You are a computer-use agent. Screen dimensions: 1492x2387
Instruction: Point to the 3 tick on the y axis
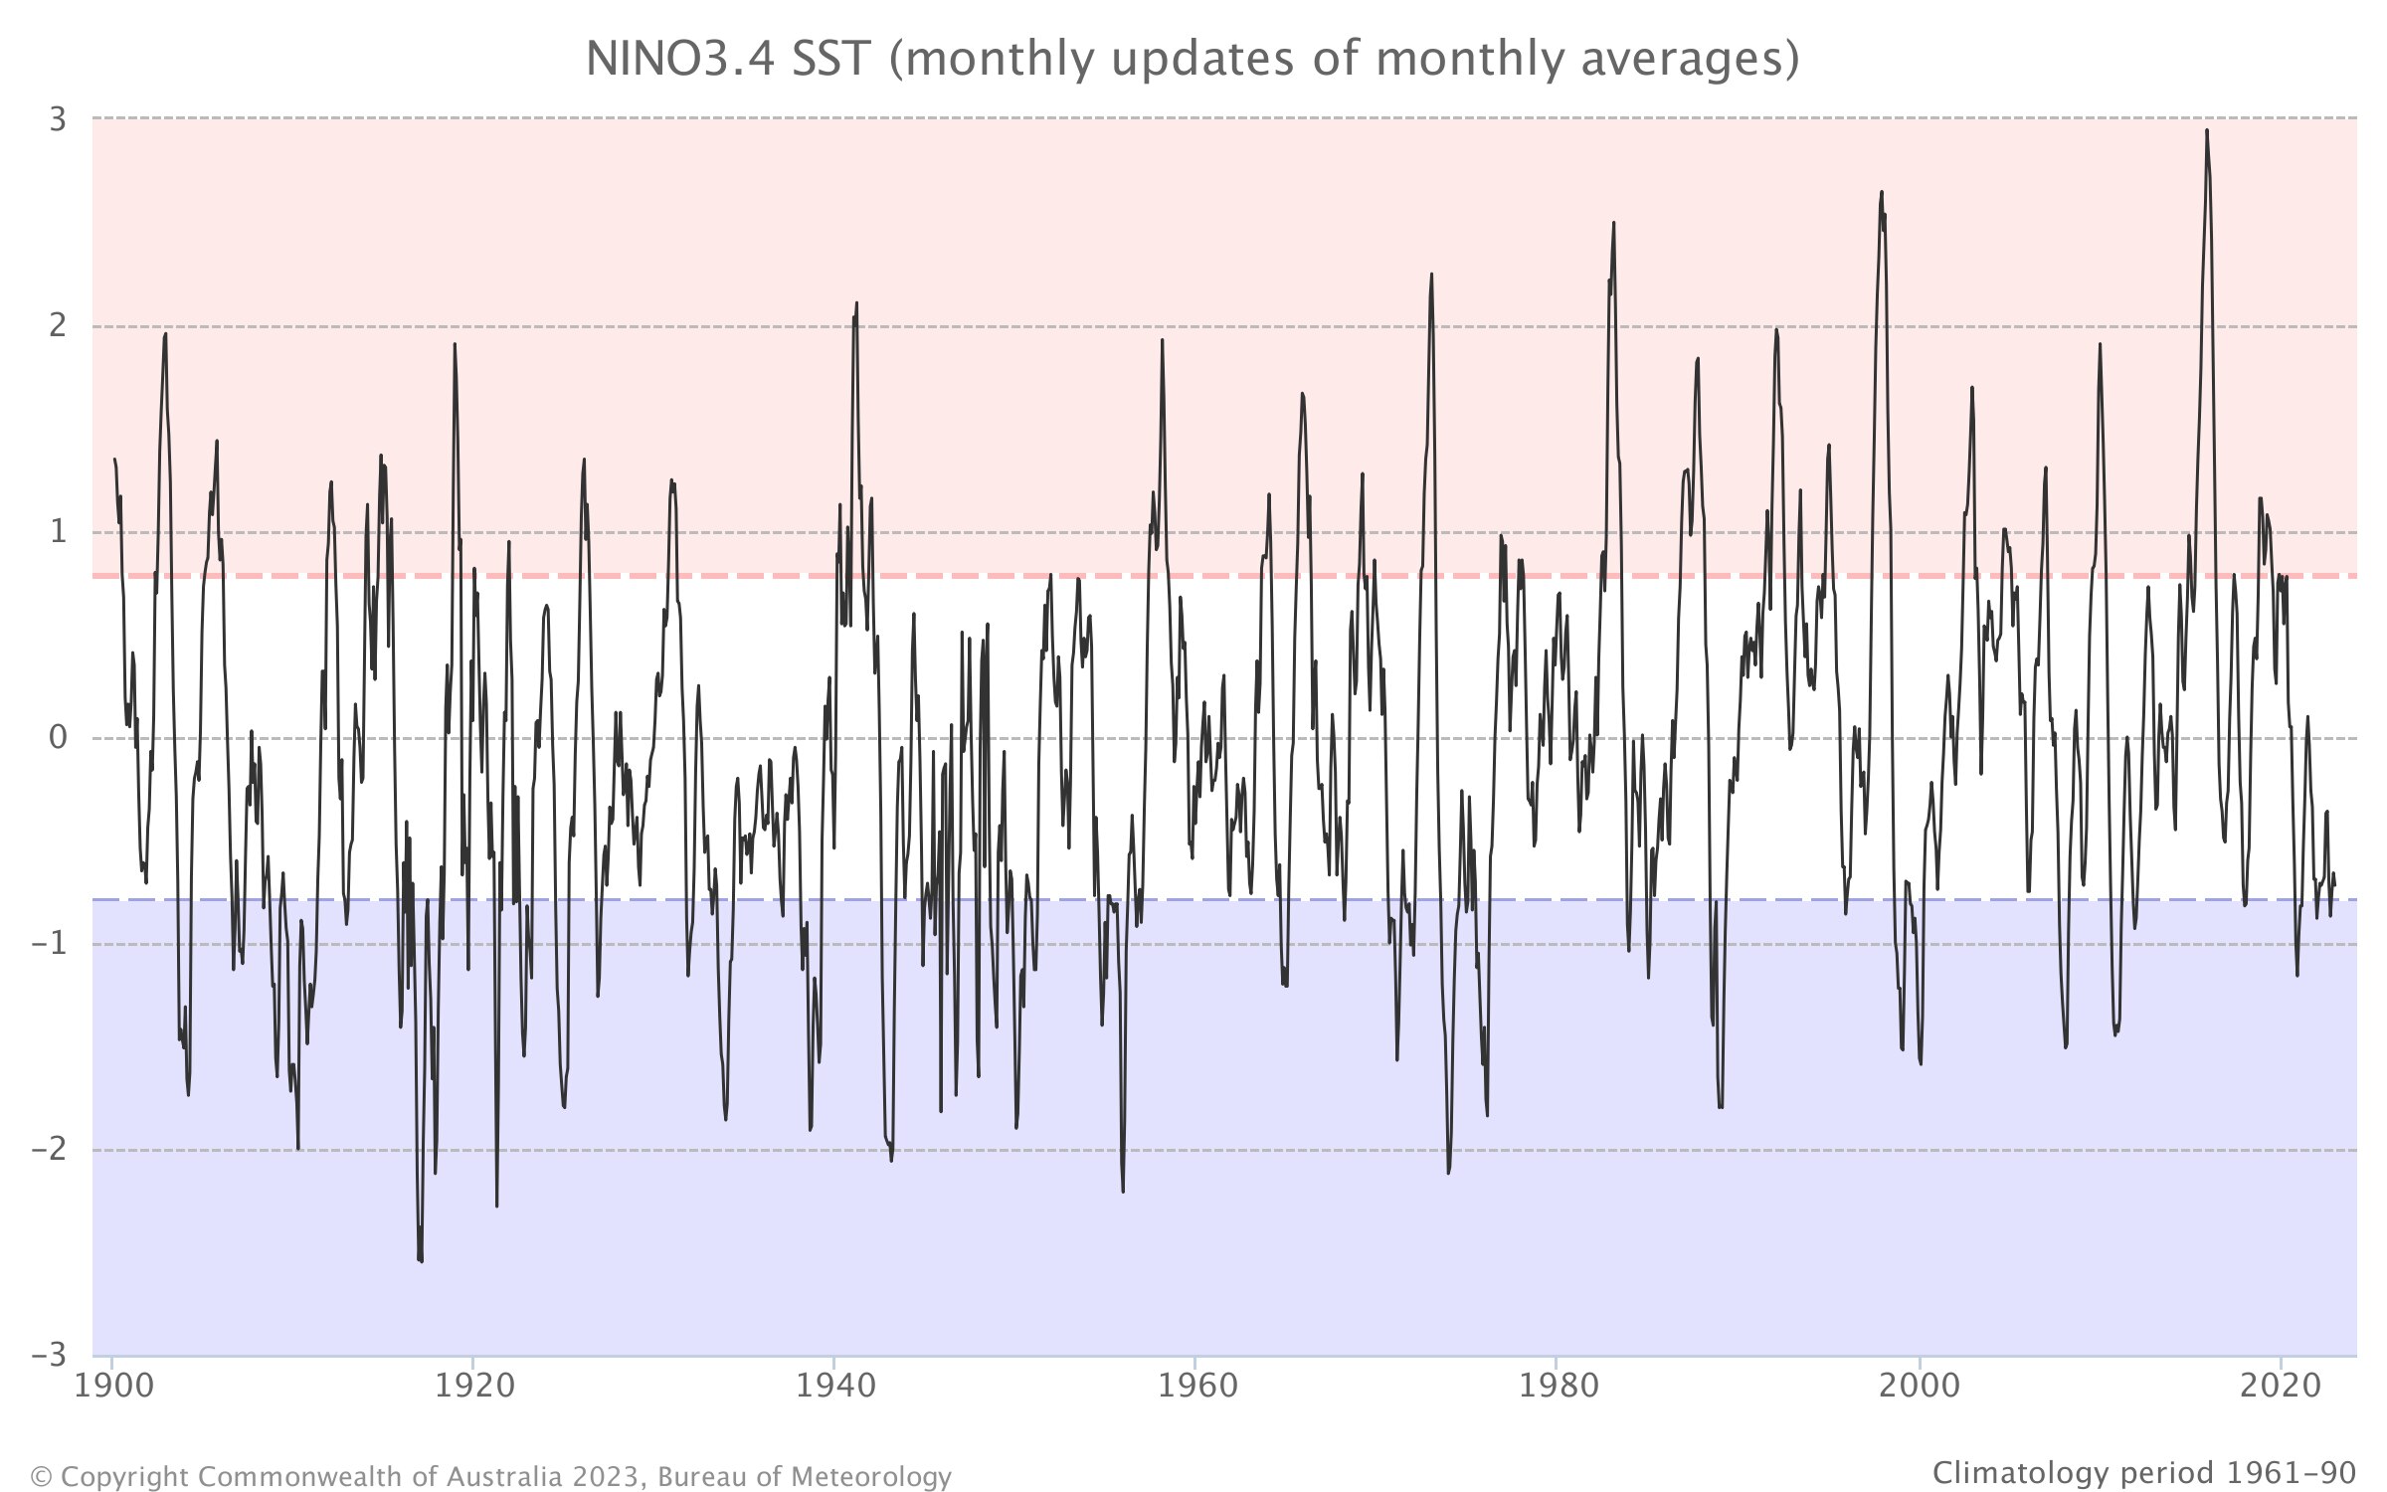[x=58, y=119]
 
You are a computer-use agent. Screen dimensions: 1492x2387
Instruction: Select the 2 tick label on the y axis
[x=58, y=325]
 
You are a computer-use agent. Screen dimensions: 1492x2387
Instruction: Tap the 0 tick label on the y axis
[x=58, y=738]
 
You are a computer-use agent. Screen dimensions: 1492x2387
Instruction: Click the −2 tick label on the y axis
[x=50, y=1150]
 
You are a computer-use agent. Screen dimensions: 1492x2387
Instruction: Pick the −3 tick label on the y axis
[x=50, y=1356]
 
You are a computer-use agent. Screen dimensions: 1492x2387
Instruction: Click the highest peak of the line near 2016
[x=2207, y=131]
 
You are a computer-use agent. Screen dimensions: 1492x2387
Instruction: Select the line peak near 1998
[x=1882, y=193]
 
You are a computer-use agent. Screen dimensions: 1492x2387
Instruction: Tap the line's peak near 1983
[x=1613, y=224]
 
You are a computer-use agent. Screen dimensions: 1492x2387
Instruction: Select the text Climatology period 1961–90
[x=2144, y=1472]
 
